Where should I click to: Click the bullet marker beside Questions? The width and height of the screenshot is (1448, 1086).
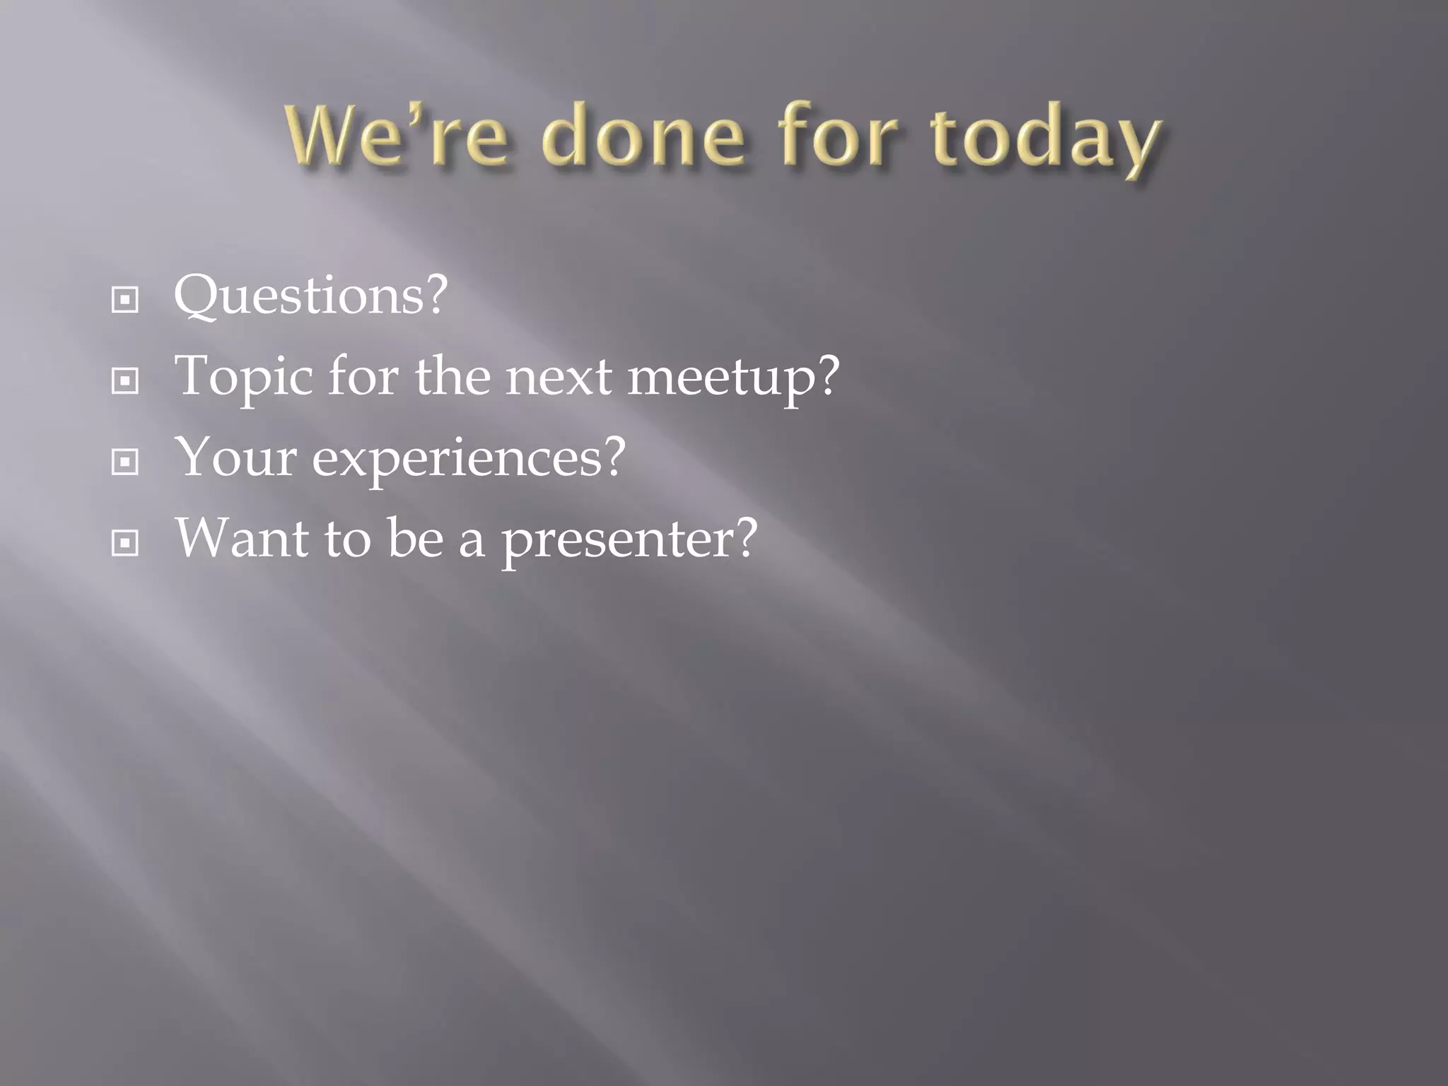125,300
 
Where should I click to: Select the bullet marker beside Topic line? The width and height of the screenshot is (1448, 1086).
125,382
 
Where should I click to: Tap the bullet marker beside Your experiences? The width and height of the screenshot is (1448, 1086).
125,462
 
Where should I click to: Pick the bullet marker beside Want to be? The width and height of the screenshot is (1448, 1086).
125,544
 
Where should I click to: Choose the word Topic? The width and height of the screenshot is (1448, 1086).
244,378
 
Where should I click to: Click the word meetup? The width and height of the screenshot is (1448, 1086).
733,378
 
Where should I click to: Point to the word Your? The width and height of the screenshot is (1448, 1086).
235,457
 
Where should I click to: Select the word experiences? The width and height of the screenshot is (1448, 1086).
469,459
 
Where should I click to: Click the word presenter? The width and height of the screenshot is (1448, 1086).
629,540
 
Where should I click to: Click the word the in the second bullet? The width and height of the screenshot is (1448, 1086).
452,376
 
